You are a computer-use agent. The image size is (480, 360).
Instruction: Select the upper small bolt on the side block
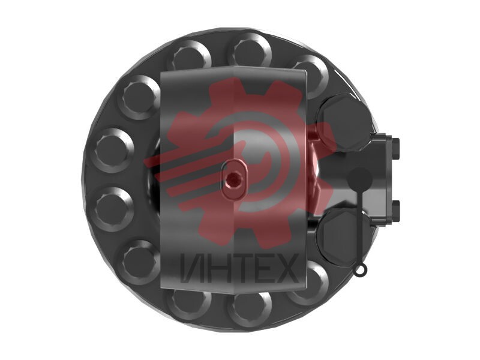(395, 149)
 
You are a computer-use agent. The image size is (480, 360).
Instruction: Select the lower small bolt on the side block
(395, 211)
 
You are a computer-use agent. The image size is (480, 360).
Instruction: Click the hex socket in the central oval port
(234, 179)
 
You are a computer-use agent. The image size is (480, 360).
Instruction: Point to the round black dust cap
(361, 179)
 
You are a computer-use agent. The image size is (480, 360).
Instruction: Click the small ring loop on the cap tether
(359, 269)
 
